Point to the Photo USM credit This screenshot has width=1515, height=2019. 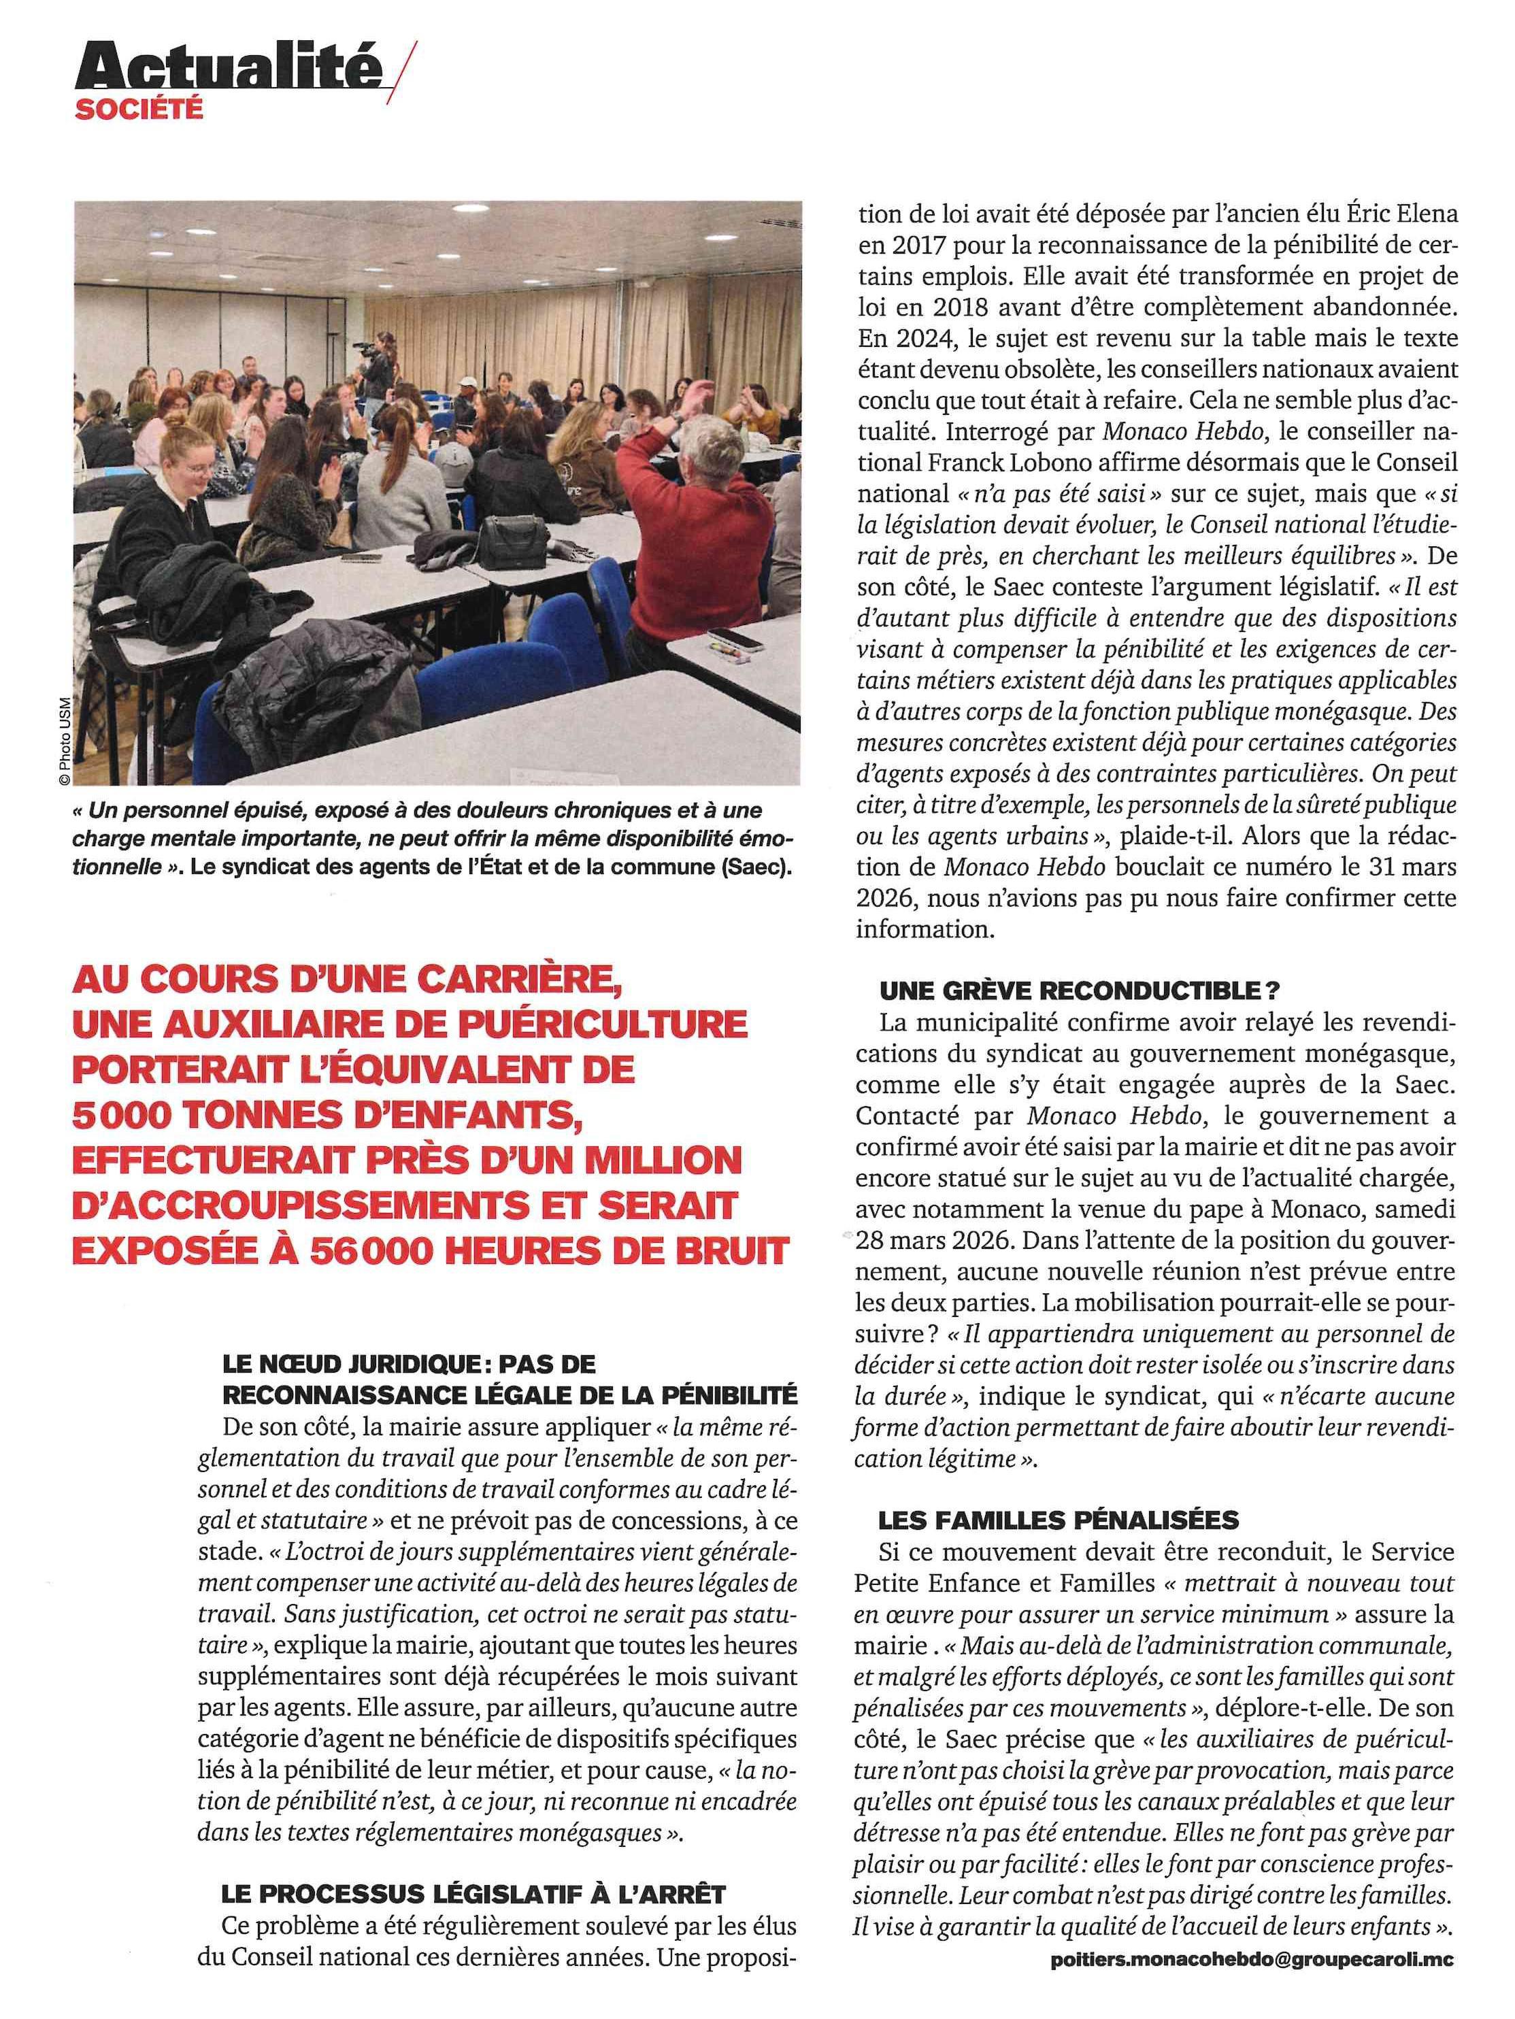point(64,741)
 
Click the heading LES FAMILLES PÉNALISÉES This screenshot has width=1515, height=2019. point(1059,1520)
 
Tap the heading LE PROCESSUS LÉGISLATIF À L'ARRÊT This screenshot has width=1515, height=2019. point(473,1893)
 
